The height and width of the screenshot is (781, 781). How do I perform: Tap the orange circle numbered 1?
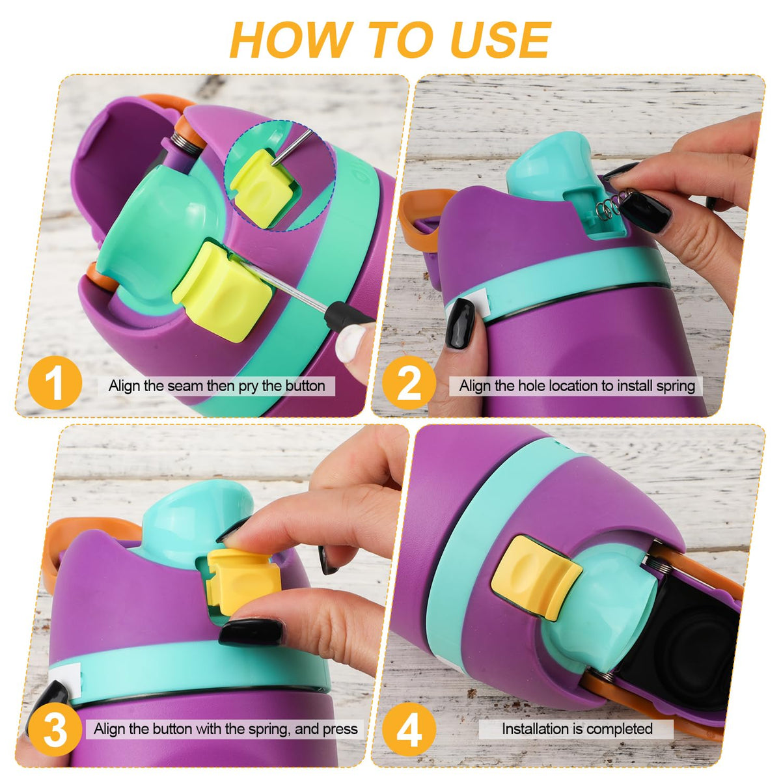click(55, 382)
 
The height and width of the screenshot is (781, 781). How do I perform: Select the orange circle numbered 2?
click(409, 382)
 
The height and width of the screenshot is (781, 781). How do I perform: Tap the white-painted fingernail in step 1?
click(351, 344)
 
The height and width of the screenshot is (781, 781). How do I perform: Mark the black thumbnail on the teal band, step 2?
click(459, 322)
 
